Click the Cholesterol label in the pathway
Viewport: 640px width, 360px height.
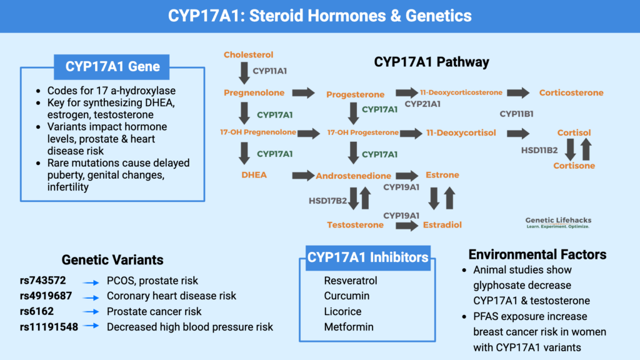[248, 55]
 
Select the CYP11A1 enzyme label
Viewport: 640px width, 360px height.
[269, 71]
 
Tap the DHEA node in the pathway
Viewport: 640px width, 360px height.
[254, 175]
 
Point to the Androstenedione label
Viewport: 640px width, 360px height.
[353, 176]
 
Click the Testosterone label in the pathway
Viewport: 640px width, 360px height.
[355, 224]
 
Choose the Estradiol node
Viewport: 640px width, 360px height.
[442, 224]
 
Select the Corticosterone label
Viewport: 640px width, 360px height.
[571, 93]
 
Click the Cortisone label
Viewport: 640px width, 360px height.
[574, 166]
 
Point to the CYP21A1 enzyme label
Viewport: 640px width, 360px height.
[422, 104]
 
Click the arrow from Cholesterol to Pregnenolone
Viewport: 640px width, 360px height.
[243, 72]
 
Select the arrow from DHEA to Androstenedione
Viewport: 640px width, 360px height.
[302, 176]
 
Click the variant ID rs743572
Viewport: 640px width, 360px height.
[42, 280]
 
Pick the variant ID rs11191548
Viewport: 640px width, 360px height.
[49, 326]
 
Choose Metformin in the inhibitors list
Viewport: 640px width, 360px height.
[348, 326]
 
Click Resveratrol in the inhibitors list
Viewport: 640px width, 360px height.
[350, 280]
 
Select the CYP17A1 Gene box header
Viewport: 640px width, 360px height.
[112, 66]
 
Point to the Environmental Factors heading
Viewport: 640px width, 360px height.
[537, 254]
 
